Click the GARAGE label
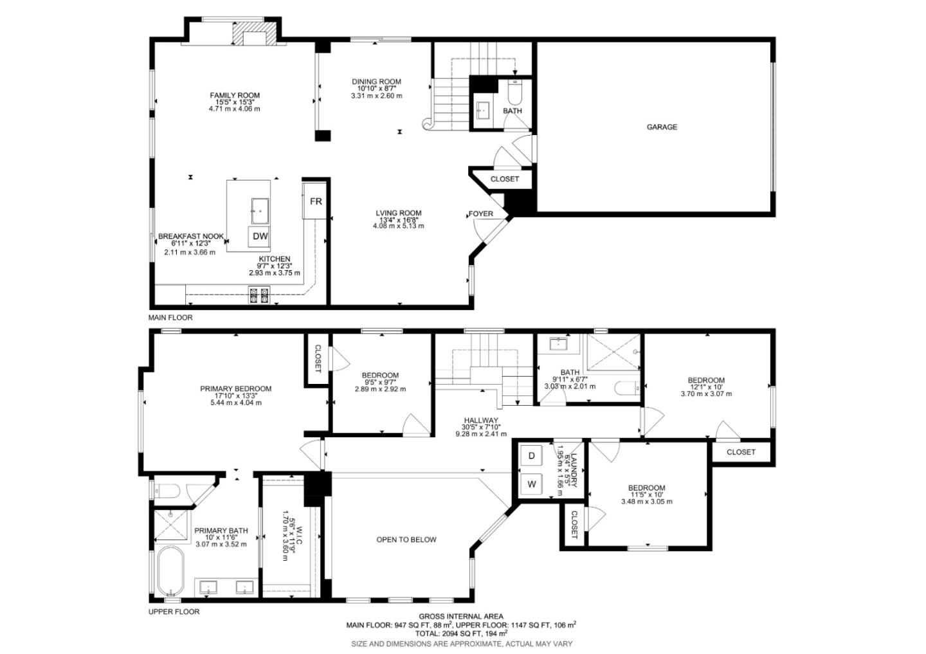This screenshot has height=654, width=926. coord(662,127)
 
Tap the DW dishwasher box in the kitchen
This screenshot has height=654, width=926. coord(260,237)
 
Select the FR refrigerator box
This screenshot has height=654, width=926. coord(315,201)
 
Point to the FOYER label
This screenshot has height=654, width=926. coord(480,213)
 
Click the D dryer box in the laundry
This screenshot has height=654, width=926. coord(532,456)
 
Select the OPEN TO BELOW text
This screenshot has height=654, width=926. coord(406,540)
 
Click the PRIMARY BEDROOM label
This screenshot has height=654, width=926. coord(235,388)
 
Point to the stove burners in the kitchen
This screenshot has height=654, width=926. coord(259,295)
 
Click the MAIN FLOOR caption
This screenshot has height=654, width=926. coord(170,318)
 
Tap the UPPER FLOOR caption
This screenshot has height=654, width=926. coord(174,612)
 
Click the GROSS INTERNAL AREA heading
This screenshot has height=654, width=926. coord(460,617)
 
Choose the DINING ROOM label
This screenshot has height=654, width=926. coord(376,82)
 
